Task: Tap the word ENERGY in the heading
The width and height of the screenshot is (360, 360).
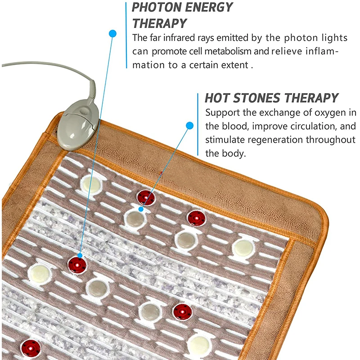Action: (209, 7)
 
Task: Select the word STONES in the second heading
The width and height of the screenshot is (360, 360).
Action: (256, 98)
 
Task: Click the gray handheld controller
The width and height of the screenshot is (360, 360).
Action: (78, 125)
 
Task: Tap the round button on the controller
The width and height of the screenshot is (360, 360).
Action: (85, 111)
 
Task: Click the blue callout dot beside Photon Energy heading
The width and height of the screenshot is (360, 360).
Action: (112, 33)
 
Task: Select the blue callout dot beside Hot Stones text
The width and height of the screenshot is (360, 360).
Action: (189, 126)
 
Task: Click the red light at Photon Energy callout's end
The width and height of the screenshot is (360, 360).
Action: (77, 265)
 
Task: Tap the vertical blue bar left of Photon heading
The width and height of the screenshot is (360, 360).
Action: (126, 35)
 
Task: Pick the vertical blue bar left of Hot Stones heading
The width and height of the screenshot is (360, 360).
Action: (198, 124)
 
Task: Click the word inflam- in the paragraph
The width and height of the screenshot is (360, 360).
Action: (322, 51)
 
